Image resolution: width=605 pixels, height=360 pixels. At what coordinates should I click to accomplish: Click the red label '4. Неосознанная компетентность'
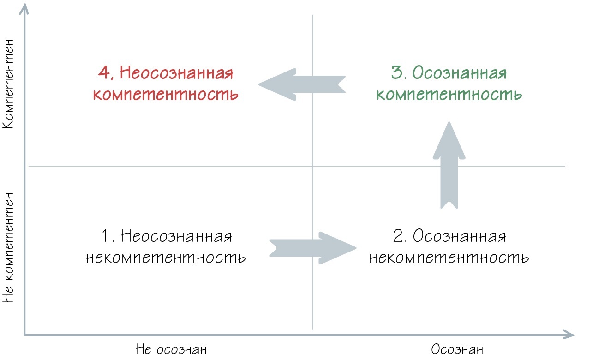(165, 84)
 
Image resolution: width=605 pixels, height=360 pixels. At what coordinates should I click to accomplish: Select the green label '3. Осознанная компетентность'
(449, 84)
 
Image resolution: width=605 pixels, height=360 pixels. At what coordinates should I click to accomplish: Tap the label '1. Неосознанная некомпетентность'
(166, 247)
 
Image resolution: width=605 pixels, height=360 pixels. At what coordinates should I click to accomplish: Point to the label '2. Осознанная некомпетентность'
(449, 247)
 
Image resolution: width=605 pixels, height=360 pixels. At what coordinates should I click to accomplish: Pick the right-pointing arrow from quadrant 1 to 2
(313, 248)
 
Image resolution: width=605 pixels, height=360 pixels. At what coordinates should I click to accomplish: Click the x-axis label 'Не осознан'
(171, 349)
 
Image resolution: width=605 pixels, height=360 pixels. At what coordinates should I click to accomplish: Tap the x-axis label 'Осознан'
(457, 349)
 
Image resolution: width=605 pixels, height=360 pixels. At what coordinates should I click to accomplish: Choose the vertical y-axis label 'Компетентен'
(12, 84)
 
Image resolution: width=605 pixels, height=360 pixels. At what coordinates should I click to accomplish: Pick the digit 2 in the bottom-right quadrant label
(398, 236)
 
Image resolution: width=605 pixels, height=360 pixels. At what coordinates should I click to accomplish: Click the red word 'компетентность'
(165, 95)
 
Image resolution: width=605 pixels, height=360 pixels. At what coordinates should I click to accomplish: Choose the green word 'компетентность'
(449, 95)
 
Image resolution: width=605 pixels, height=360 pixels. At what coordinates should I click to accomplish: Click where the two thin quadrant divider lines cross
(313, 166)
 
